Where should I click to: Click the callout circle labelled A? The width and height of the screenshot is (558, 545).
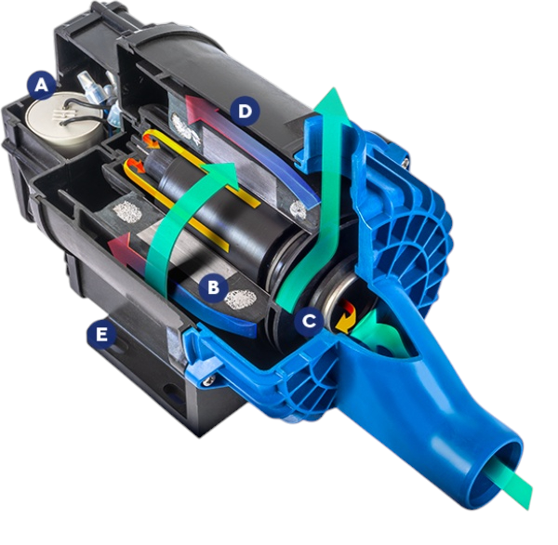pyautogui.click(x=40, y=86)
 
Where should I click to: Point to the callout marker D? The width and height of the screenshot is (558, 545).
pyautogui.click(x=244, y=112)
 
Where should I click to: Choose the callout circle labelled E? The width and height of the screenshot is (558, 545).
pyautogui.click(x=99, y=333)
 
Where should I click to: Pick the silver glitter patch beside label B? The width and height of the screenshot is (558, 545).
pyautogui.click(x=241, y=300)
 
